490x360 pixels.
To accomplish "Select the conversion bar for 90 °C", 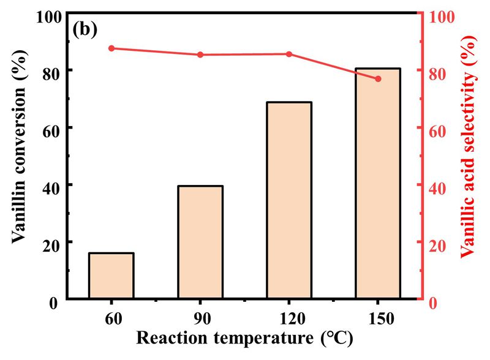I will (200, 242).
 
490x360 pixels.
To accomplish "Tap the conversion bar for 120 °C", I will (289, 200).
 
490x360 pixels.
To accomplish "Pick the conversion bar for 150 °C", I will (378, 184).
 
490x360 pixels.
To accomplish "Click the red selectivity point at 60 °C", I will (111, 48).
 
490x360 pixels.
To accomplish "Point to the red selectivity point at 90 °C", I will (200, 55).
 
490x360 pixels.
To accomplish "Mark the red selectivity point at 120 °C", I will (289, 54).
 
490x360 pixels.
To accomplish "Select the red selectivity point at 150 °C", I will (378, 79).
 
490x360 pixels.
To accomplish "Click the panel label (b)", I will (85, 29).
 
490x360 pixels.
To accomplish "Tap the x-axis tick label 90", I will (200, 319).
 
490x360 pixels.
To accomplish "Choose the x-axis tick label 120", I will (289, 319).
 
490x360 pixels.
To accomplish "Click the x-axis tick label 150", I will (378, 319).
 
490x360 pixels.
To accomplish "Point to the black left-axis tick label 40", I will (53, 185).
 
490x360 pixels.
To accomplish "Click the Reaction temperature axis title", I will (244, 339).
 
